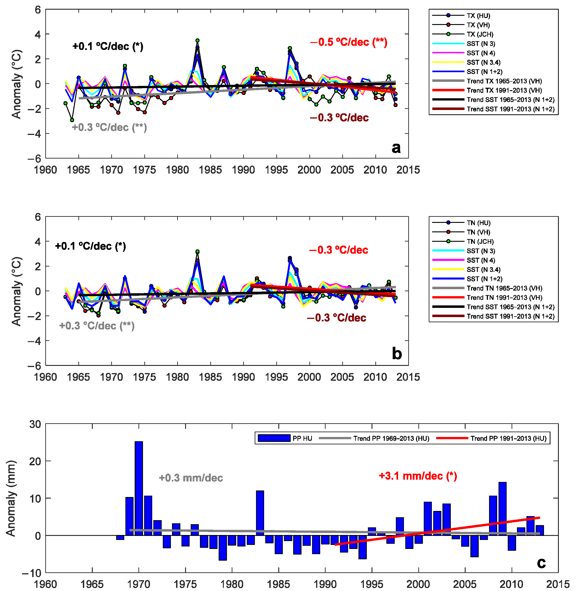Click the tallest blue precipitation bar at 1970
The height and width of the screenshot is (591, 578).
tap(139, 488)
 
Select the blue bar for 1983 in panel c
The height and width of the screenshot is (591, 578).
tap(260, 513)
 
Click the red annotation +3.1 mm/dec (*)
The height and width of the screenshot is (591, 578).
tap(418, 476)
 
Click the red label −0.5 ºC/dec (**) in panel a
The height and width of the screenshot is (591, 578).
tap(349, 42)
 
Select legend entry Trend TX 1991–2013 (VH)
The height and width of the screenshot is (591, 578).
tap(504, 90)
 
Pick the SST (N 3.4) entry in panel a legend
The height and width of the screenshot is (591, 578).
tap(483, 63)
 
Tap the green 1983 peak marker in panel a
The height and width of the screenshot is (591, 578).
tap(197, 40)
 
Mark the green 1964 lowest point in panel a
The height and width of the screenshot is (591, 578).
tap(72, 120)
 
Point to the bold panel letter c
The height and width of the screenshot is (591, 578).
tap(541, 562)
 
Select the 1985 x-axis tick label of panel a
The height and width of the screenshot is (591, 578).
tap(210, 170)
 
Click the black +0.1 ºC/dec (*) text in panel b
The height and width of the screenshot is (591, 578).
tap(91, 246)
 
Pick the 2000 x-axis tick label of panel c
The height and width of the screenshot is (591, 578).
tap(418, 584)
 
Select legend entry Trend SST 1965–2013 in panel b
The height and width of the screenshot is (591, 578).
tap(510, 307)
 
